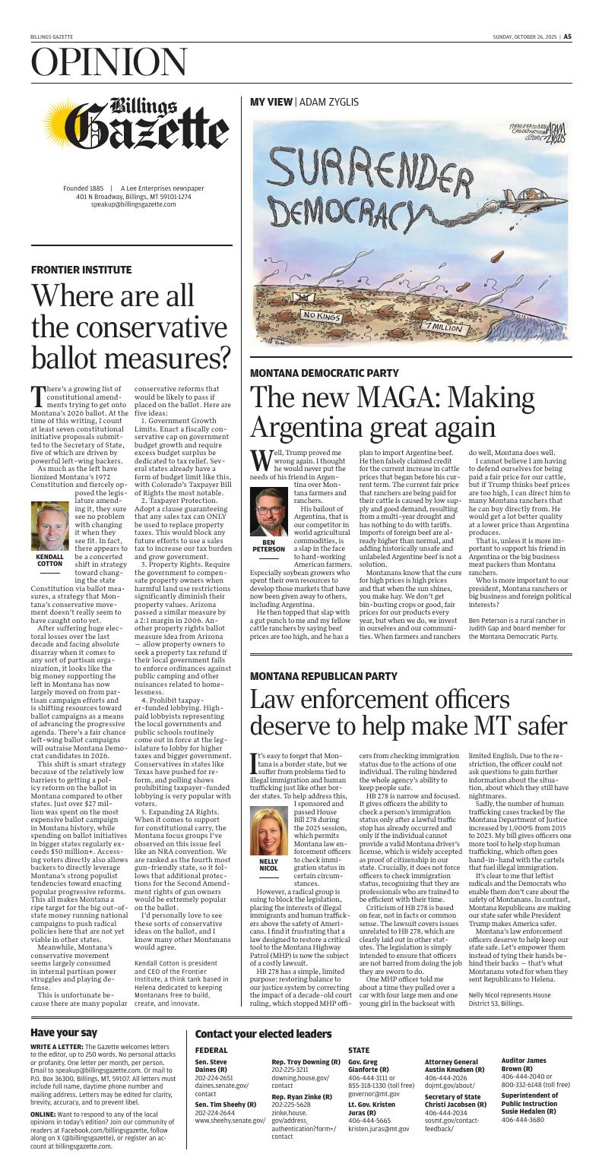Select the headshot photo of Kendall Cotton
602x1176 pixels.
pos(49,526)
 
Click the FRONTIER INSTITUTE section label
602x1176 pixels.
pos(81,270)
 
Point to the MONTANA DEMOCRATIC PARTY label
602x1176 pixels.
pos(325,373)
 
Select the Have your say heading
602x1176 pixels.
pos(64,1032)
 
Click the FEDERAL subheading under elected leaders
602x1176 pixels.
pos(211,1050)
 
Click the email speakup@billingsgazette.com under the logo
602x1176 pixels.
pos(134,205)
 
